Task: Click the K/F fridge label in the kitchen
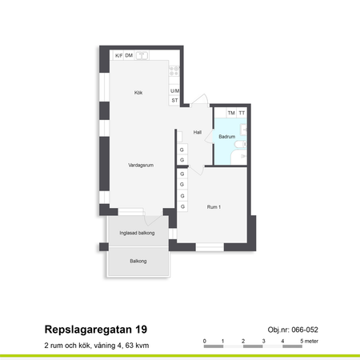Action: point(118,55)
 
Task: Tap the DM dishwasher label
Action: point(129,55)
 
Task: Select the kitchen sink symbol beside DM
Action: point(142,55)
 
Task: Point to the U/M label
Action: point(174,91)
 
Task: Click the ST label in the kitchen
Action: point(174,101)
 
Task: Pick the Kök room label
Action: point(138,94)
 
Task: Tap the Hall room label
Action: point(197,132)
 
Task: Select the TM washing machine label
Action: point(231,113)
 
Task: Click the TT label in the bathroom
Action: point(242,113)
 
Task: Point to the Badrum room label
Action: point(226,137)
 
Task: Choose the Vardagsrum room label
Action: point(140,165)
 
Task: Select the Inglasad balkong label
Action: point(136,233)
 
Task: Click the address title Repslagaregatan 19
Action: point(95,330)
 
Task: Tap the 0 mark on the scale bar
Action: point(205,341)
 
